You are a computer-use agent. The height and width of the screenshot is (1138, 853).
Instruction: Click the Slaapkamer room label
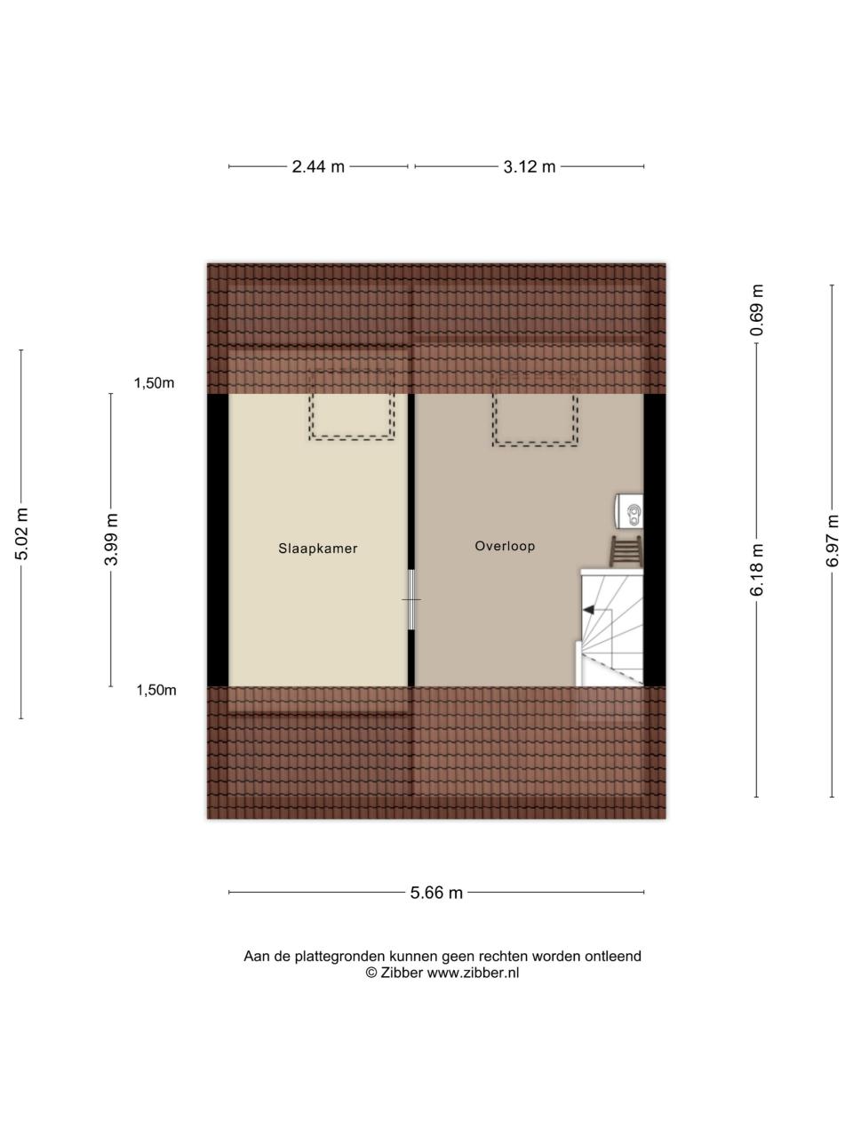pyautogui.click(x=317, y=549)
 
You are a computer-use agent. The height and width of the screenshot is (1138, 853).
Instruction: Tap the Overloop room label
pyautogui.click(x=505, y=546)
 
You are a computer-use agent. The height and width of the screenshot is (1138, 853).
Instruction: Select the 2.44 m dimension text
pyautogui.click(x=318, y=167)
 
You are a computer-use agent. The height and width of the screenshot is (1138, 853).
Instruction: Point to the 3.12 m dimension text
pyautogui.click(x=530, y=167)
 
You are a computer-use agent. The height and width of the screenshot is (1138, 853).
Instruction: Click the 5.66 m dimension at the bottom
pyautogui.click(x=436, y=893)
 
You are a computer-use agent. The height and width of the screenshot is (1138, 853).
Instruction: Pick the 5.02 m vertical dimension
pyautogui.click(x=21, y=534)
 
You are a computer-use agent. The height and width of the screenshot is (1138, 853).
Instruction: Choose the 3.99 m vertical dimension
pyautogui.click(x=111, y=539)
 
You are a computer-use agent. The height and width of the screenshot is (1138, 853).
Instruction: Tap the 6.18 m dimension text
pyautogui.click(x=757, y=569)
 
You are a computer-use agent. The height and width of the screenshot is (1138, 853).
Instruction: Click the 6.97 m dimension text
pyautogui.click(x=833, y=541)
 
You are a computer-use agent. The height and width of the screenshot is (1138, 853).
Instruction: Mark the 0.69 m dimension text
pyautogui.click(x=757, y=310)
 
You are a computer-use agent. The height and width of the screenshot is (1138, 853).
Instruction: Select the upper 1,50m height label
pyautogui.click(x=155, y=383)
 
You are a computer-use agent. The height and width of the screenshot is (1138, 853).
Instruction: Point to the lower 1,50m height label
pyautogui.click(x=156, y=690)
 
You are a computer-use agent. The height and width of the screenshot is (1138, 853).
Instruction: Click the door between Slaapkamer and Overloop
pyautogui.click(x=411, y=600)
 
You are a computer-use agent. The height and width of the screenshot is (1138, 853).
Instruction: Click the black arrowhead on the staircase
pyautogui.click(x=588, y=610)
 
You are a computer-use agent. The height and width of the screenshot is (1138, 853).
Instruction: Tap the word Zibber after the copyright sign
pyautogui.click(x=402, y=973)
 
